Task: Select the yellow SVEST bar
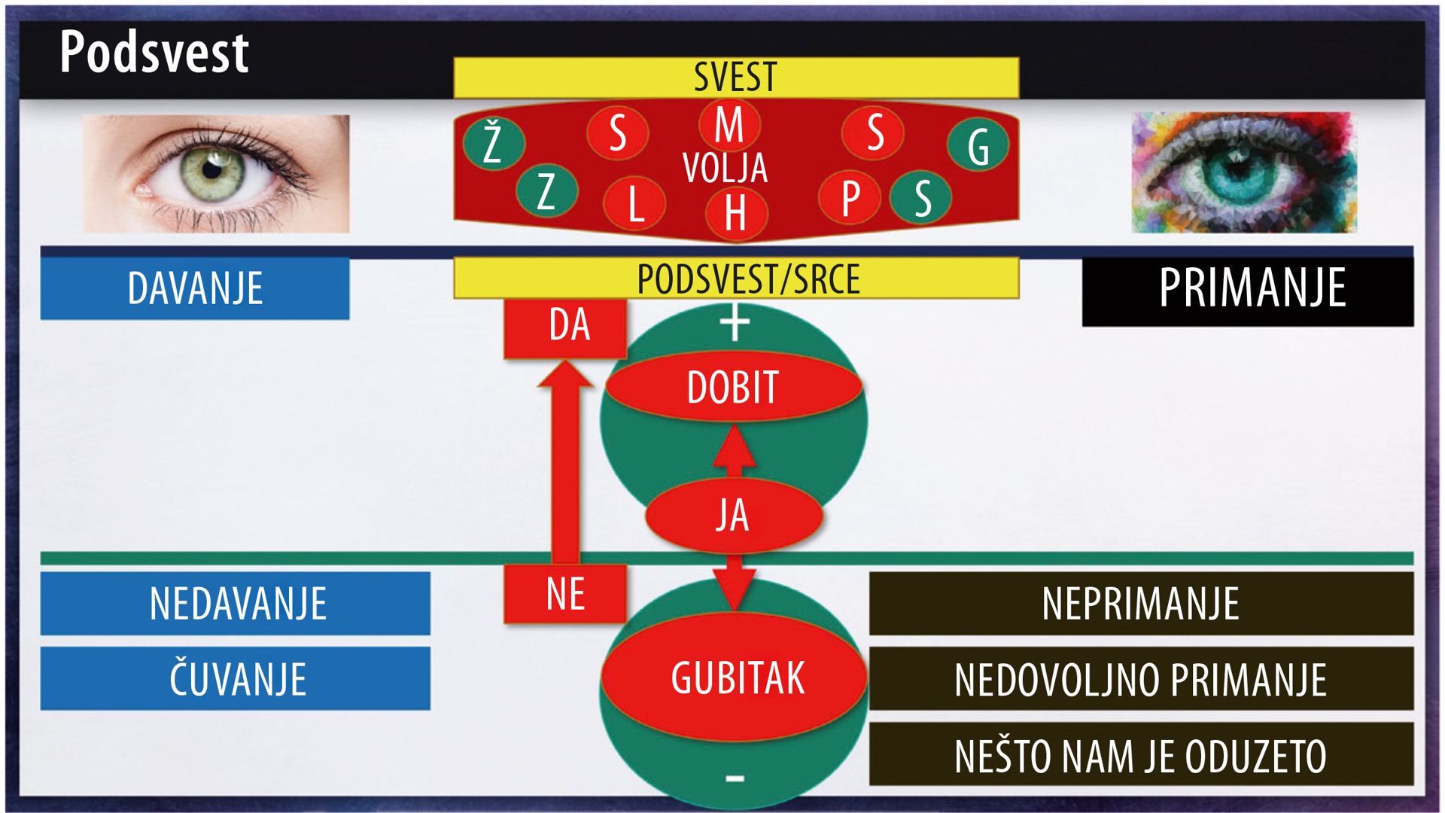(x=736, y=78)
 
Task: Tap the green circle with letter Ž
(x=494, y=143)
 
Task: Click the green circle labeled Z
(x=547, y=190)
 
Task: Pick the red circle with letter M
(x=729, y=124)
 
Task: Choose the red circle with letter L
(x=634, y=203)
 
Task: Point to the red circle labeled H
(x=736, y=213)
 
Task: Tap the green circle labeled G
(x=978, y=145)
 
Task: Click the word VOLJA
(x=725, y=168)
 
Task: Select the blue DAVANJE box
(x=195, y=288)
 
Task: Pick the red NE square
(x=565, y=593)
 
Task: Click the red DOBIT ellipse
(x=733, y=387)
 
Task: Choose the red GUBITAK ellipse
(x=735, y=677)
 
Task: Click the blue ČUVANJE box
(x=236, y=678)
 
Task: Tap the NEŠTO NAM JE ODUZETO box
(x=1141, y=754)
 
